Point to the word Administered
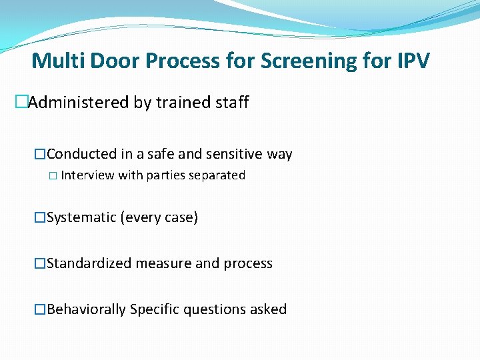(x=75, y=103)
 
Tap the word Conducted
(x=82, y=154)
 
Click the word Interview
(x=87, y=175)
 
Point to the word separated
(x=218, y=175)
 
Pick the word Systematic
(x=81, y=218)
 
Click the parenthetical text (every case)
(x=159, y=218)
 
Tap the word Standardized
(x=89, y=263)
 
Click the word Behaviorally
(x=87, y=309)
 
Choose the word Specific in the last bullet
(x=155, y=309)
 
